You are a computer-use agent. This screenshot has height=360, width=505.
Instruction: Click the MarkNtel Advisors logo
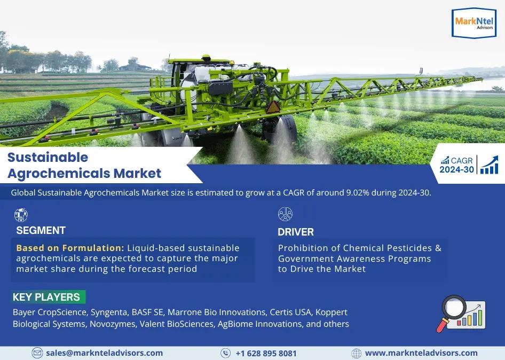[x=474, y=23]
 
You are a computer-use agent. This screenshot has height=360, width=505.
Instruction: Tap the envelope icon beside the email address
[x=37, y=353]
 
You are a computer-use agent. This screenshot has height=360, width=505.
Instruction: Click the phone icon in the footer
[x=225, y=353]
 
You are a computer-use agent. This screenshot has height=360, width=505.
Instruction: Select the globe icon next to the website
[x=356, y=353]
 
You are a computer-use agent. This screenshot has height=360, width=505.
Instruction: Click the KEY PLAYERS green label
[x=48, y=297]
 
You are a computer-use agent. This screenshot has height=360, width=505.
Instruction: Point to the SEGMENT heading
[x=41, y=230]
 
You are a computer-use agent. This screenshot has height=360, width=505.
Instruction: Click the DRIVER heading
[x=296, y=232]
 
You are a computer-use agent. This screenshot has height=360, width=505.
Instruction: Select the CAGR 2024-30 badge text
[x=457, y=165]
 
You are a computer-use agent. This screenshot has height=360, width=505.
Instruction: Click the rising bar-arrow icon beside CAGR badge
[x=489, y=165]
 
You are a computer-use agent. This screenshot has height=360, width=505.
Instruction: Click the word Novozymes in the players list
[x=113, y=324]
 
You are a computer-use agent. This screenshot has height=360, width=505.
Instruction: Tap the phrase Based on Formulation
[x=70, y=248]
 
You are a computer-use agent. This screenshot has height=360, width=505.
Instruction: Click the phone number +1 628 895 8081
[x=266, y=354]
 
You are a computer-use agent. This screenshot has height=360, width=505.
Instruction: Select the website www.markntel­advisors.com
[x=421, y=353]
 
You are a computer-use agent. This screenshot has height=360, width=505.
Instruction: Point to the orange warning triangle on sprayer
[x=273, y=107]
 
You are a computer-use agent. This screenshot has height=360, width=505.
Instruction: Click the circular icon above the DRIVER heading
[x=286, y=214]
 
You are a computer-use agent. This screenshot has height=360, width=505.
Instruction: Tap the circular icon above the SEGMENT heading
[x=21, y=215]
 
